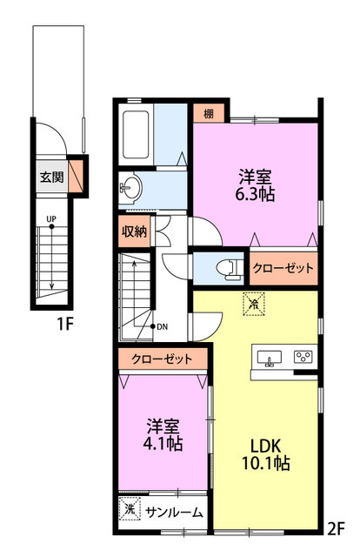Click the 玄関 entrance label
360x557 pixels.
pos(52,177)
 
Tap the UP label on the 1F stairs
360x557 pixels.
pos(51,219)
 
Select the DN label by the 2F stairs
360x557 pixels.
pos(163,327)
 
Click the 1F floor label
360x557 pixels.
pos(65,324)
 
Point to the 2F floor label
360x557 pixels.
pos(336,528)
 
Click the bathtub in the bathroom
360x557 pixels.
pos(136,135)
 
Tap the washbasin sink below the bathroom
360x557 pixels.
pos(130,188)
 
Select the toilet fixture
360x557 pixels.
pos(230,269)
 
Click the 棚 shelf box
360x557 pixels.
pos(209,113)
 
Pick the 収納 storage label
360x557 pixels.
pos(134,232)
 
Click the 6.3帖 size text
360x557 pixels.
pos(255,194)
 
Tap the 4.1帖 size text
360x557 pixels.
pos(163,443)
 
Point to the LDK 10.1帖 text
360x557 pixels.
pos(266,454)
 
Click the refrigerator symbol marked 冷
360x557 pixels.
pos(254,304)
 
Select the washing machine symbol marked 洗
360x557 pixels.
pos(130,509)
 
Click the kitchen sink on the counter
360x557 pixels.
pos(269,358)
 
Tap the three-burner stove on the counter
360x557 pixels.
pos(303,356)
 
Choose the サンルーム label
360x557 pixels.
pos(174,513)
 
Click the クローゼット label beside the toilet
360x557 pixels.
pos(283,268)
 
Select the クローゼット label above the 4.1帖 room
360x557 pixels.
pos(162,359)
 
